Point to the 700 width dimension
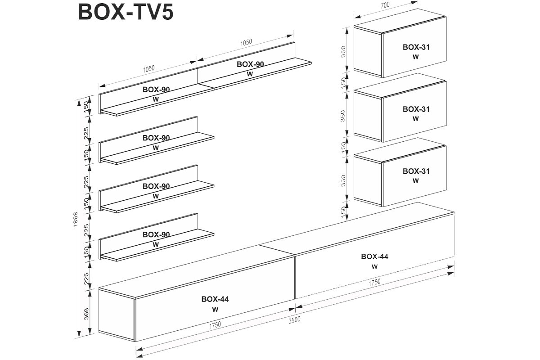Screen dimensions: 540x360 (385, 5)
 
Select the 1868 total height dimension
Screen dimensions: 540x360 (76, 219)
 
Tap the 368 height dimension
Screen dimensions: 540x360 (86, 314)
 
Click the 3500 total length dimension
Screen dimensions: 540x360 (294, 320)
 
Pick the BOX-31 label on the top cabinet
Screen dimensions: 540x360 (416, 47)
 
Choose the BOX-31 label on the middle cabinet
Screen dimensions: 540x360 (416, 109)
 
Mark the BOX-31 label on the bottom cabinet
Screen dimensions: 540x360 (416, 171)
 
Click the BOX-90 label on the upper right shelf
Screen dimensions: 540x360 (250, 64)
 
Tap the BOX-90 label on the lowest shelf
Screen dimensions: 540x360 (156, 234)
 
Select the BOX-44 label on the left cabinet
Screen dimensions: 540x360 (215, 299)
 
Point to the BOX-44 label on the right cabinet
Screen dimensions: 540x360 (374, 256)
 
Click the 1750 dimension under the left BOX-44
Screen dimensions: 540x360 (215, 325)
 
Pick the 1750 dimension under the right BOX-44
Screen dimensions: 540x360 (374, 282)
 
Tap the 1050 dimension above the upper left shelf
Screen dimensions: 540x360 (148, 69)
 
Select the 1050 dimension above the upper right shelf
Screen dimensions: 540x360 (246, 42)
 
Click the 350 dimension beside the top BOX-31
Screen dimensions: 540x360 (343, 51)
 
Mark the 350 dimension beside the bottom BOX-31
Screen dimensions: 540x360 (343, 180)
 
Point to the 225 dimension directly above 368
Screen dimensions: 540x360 (86, 279)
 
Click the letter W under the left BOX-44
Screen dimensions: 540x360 (215, 309)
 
